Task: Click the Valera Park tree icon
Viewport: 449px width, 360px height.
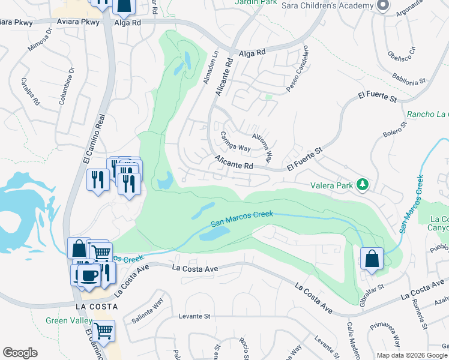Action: (362, 184)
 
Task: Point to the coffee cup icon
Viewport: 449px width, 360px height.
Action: (89, 275)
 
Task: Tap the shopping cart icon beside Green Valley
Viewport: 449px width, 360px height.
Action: (104, 330)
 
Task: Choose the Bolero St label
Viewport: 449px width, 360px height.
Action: (395, 130)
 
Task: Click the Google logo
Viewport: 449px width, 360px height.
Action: (20, 353)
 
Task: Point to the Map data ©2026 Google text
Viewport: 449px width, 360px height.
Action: (412, 355)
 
